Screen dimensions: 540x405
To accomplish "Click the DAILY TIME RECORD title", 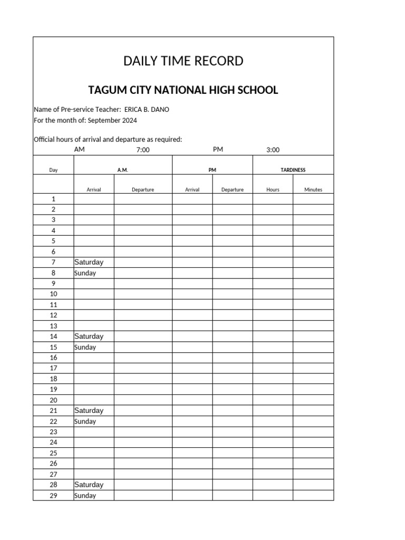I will pos(183,61).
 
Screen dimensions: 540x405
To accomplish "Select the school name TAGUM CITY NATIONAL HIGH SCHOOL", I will pos(183,90).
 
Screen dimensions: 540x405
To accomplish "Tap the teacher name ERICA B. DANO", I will pos(147,110).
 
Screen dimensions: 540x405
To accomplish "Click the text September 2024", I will pos(112,120).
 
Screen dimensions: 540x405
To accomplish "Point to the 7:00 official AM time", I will pos(143,150).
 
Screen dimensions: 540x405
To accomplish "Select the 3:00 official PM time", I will pos(273,150).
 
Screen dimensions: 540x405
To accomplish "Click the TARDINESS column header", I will pos(293,170).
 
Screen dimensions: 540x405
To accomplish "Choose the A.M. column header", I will pos(123,170).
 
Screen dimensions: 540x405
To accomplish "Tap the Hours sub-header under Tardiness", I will pos(273,190).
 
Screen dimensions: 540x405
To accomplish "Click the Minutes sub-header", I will pos(313,190).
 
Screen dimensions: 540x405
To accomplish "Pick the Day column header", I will pos(53,170).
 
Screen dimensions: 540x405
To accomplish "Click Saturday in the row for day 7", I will pos(89,263).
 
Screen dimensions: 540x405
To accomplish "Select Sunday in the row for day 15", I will pos(85,348).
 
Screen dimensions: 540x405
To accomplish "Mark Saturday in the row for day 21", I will pos(89,411).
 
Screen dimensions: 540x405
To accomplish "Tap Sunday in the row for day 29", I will pos(85,496).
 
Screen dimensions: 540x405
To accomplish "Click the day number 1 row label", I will pos(53,199).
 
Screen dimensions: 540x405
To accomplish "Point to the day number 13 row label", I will pos(53,326).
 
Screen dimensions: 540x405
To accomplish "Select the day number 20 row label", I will pos(53,400).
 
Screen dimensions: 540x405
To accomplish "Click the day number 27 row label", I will pos(53,475).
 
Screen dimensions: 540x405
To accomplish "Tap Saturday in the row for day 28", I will pos(89,485).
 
